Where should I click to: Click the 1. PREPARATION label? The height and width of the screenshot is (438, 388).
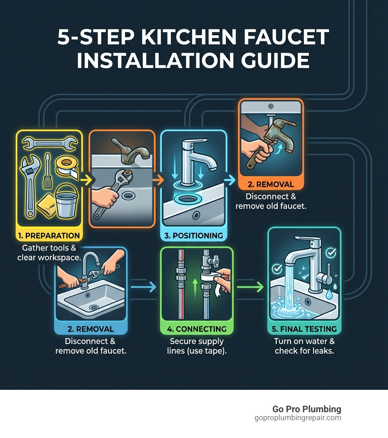pos(49,235)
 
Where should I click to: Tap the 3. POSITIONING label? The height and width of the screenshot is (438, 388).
pos(194,235)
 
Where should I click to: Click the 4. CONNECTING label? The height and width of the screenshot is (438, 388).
pos(196,329)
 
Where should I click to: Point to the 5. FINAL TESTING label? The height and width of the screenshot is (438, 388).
pos(304,329)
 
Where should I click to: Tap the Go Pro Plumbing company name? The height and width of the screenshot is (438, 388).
pos(307,409)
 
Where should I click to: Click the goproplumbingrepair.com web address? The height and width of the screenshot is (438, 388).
pos(298,418)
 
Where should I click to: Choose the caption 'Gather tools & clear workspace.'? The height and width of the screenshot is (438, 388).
pos(49,252)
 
